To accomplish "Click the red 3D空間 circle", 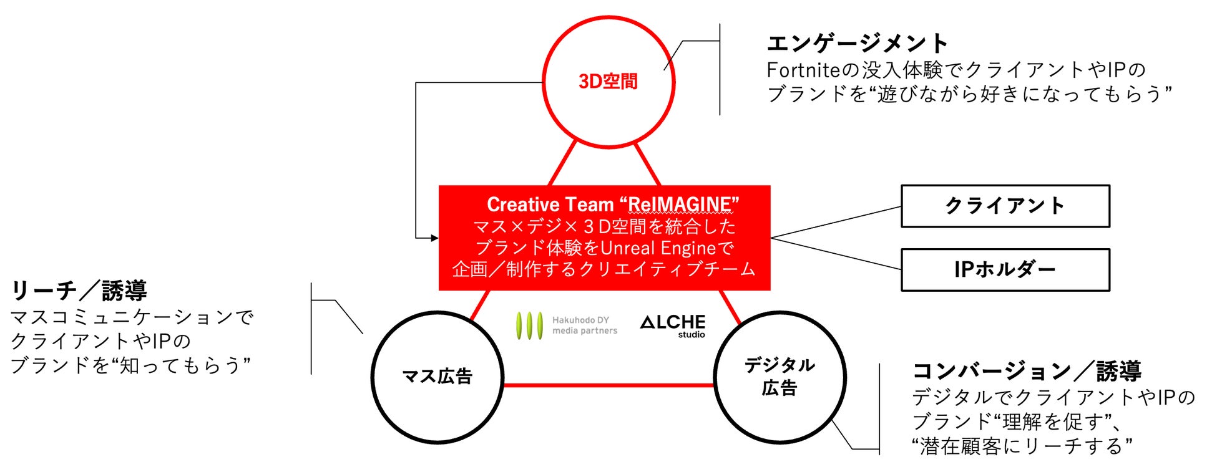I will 608,82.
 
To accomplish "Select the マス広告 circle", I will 437,377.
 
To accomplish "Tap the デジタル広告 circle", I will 780,377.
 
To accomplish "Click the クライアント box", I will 1005,206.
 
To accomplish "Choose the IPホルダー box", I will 1005,269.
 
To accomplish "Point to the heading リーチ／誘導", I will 79,291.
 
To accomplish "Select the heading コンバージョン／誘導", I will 1027,371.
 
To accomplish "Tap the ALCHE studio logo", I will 673,325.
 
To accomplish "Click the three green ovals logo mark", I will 529,325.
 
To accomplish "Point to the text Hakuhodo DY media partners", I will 584,325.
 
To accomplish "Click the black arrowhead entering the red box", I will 434,238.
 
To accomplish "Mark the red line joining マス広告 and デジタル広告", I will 608,385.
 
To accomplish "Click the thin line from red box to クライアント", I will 836,223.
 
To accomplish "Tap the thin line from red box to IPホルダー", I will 836,254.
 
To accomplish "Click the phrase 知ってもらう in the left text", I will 180,365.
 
